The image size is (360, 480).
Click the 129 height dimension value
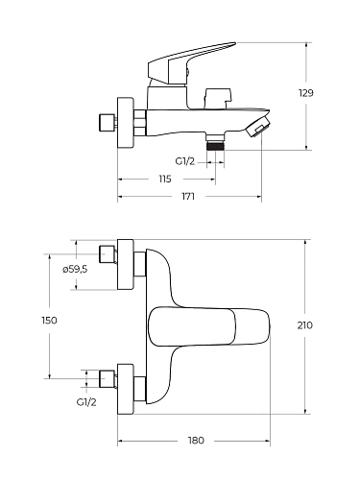tap(305, 93)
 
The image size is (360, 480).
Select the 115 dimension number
tap(165, 179)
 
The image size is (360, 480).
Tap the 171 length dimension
tap(188, 196)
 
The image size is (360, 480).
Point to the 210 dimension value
tap(305, 325)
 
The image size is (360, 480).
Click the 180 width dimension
tap(196, 441)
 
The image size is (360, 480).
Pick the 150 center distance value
tap(49, 320)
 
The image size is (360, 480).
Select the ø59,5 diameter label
tap(75, 270)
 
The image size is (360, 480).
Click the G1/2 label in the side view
tap(184, 161)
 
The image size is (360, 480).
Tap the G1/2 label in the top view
tap(86, 402)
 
